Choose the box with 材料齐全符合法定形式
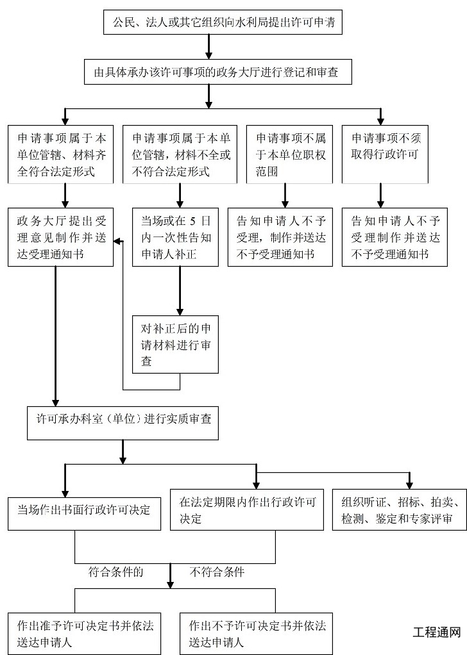(x=61, y=154)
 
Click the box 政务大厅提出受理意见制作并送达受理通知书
(x=61, y=238)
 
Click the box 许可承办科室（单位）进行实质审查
(x=124, y=420)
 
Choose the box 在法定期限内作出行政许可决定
(x=247, y=510)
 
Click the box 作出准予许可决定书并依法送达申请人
(x=84, y=633)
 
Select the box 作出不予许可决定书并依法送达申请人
(x=256, y=633)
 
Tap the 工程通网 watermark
(x=436, y=632)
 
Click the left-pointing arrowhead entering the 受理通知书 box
(x=117, y=241)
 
